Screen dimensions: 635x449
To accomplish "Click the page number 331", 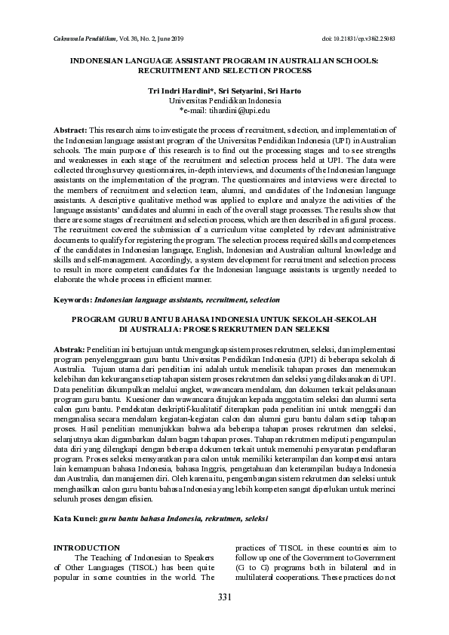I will click(223, 597).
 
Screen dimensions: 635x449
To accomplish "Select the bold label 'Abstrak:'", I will click(70, 350).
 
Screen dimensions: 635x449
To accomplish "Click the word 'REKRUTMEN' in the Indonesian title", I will click(257, 329).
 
